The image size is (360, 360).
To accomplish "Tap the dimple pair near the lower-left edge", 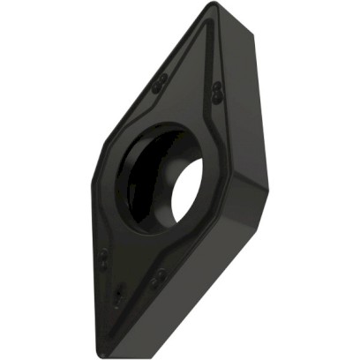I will tap(103, 260).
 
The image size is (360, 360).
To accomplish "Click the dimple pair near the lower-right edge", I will tap(156, 280).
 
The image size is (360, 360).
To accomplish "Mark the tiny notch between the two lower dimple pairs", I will tap(121, 292).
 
